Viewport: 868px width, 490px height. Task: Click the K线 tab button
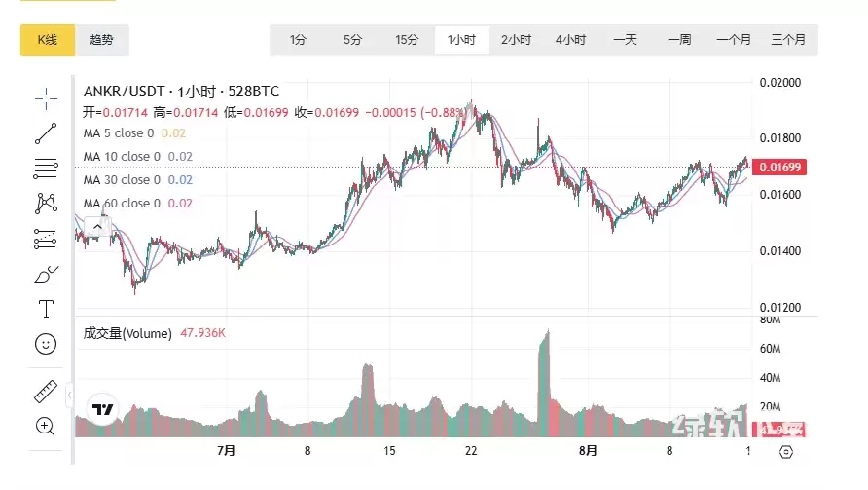click(48, 40)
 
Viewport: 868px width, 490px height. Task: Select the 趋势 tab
click(101, 40)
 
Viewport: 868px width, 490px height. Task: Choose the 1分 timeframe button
click(298, 40)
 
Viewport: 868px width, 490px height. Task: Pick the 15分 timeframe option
click(407, 40)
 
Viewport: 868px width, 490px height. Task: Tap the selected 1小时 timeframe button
click(461, 40)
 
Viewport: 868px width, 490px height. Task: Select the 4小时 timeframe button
click(570, 40)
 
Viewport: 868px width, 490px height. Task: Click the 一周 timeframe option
click(679, 40)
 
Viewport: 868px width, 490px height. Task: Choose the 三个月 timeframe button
click(788, 40)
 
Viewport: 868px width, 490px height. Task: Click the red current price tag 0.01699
click(781, 168)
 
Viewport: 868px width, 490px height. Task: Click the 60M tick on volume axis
click(772, 348)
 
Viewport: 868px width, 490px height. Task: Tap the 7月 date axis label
click(227, 451)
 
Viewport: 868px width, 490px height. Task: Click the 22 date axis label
click(471, 451)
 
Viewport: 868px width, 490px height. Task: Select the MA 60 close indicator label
click(122, 204)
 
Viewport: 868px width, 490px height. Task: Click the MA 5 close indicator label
click(119, 133)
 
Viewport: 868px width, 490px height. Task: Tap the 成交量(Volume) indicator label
click(127, 333)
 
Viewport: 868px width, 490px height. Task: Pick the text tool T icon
click(46, 309)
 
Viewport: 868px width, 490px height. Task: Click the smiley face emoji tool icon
click(46, 344)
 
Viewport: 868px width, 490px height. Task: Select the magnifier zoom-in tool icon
click(46, 426)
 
